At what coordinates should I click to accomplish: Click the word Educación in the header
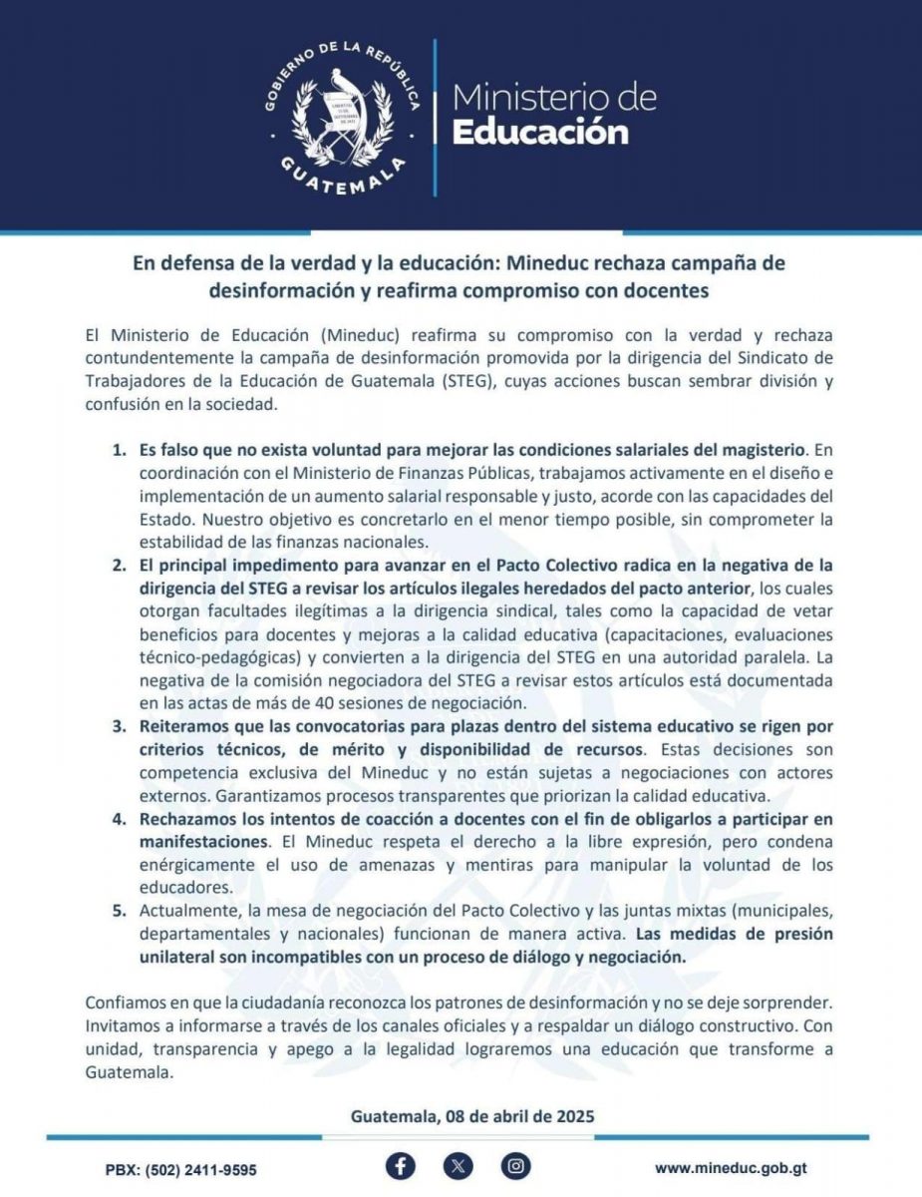coord(541,132)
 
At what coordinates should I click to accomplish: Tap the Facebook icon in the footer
coord(401,1166)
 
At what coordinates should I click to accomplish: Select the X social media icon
coord(459,1166)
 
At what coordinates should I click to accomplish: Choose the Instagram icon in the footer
coord(515,1166)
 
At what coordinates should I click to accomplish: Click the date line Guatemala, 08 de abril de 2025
coord(472,1116)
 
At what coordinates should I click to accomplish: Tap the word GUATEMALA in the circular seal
coord(339,182)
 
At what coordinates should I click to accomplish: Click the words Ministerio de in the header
coord(554,98)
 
